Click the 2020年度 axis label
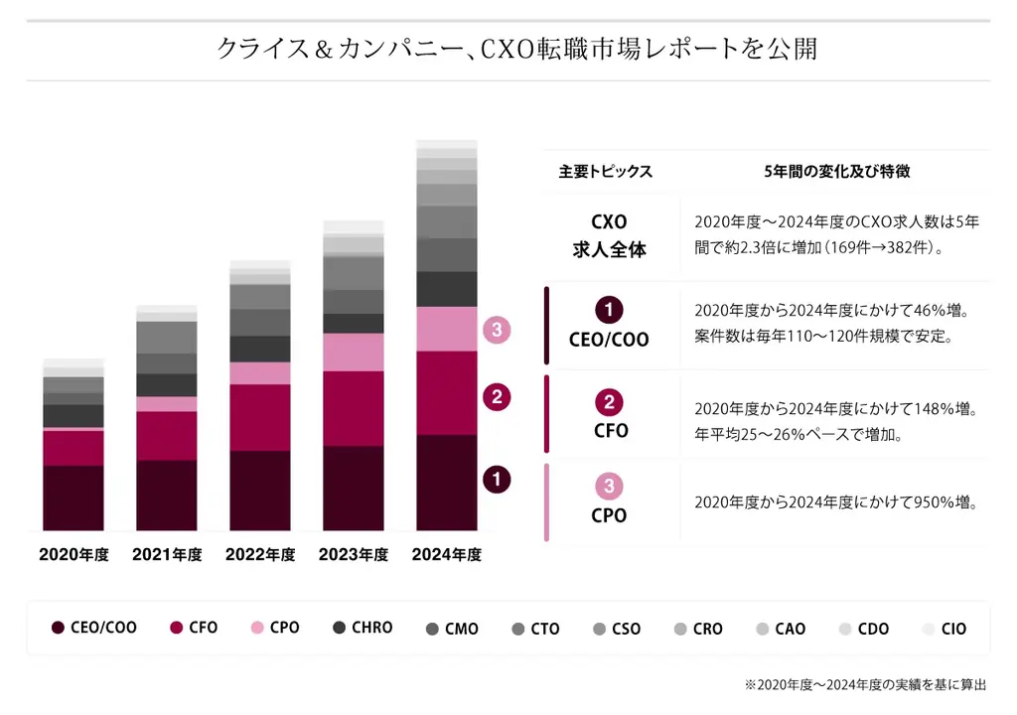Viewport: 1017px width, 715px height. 73,555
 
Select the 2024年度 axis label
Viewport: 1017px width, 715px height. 447,555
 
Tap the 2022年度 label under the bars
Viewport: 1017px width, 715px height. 260,555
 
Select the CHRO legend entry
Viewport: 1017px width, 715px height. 363,628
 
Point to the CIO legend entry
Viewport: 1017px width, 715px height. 944,629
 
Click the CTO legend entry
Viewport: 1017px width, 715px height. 535,629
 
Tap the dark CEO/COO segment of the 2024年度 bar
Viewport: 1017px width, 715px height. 447,483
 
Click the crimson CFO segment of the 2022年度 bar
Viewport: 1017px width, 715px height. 260,417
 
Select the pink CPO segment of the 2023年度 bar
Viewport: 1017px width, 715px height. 354,352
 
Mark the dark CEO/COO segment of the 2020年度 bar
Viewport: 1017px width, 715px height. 73,498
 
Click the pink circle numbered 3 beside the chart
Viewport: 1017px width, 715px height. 497,330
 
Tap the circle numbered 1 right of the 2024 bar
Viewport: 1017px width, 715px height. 497,480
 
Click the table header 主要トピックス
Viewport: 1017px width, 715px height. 606,172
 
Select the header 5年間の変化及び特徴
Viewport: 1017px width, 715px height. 837,172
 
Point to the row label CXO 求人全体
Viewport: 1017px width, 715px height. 610,236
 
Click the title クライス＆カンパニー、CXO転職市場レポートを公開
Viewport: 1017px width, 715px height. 516,49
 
